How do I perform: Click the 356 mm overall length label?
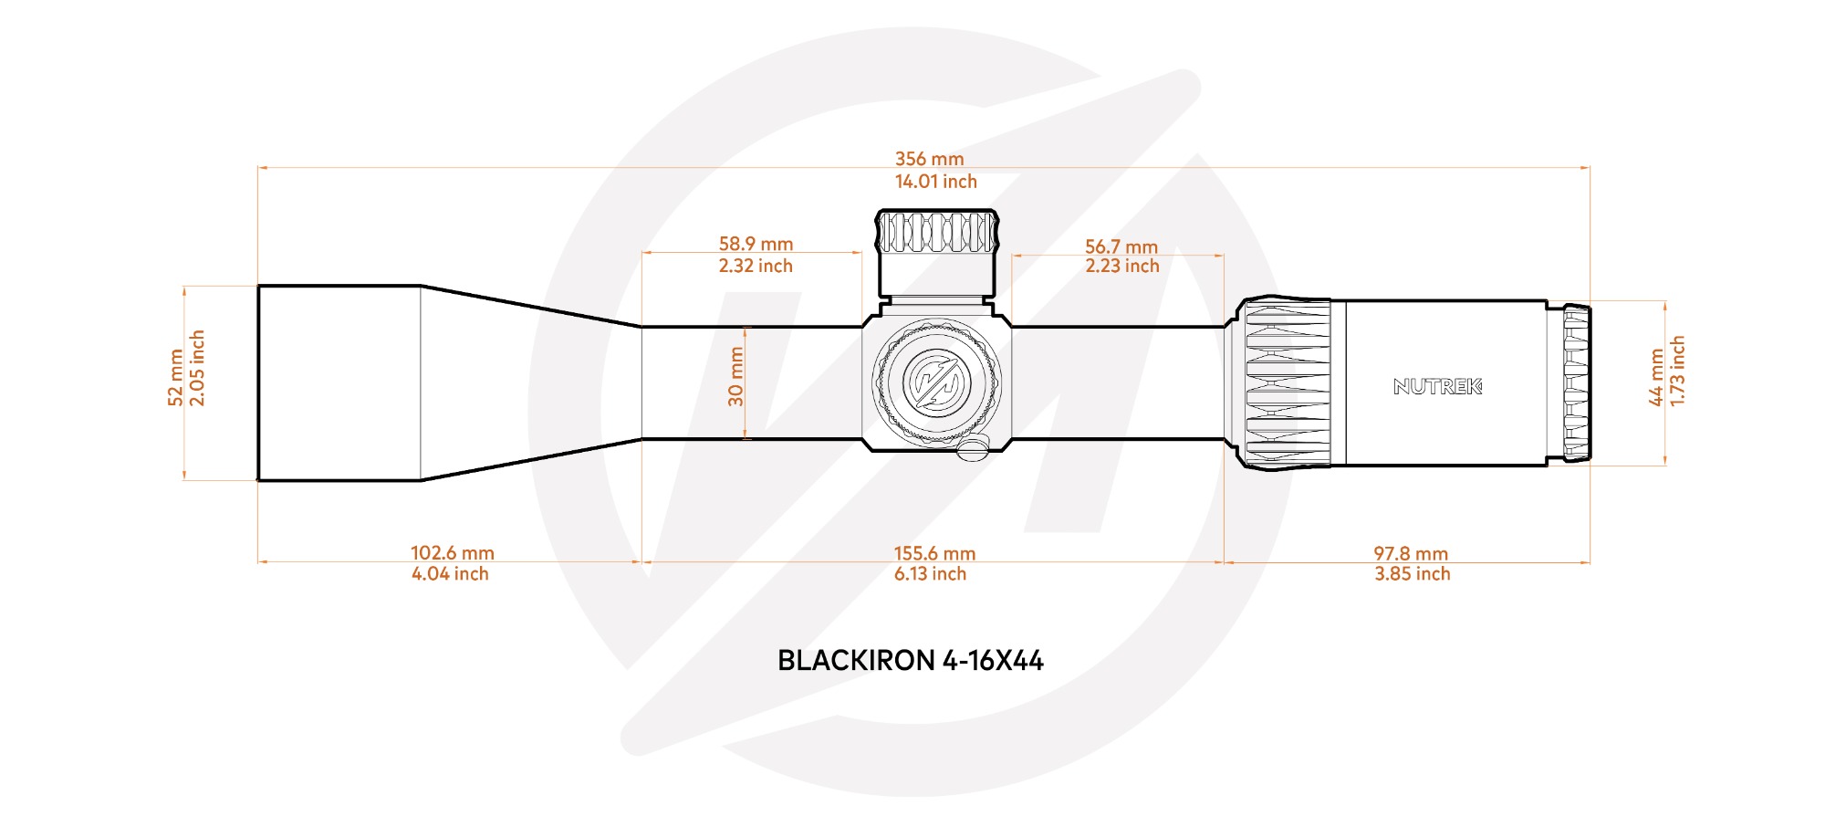[x=929, y=159]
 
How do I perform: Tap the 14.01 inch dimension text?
[x=935, y=182]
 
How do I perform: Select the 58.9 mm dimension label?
[x=756, y=244]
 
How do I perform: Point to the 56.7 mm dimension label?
[x=1121, y=246]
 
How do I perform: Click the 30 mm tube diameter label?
[x=736, y=377]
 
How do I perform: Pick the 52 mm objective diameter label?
[x=176, y=378]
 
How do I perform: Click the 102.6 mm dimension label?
[x=453, y=553]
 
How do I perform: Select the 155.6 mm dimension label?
[x=934, y=553]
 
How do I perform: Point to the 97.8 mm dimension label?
[x=1411, y=553]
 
